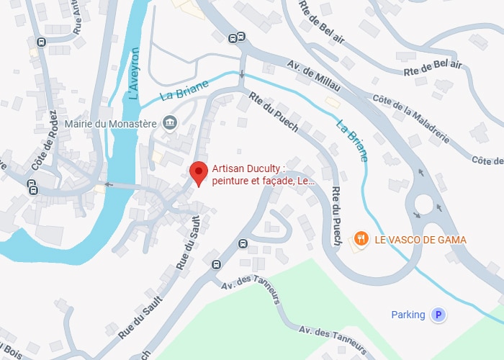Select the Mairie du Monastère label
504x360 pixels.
[x=110, y=123]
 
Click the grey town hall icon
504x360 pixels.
[x=169, y=123]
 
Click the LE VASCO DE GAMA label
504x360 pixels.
[x=420, y=240]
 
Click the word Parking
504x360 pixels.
[x=408, y=315]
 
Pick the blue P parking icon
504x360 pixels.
[x=437, y=315]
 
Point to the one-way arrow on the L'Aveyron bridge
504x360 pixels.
[x=109, y=184]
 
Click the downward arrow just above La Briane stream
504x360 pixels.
[x=242, y=73]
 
